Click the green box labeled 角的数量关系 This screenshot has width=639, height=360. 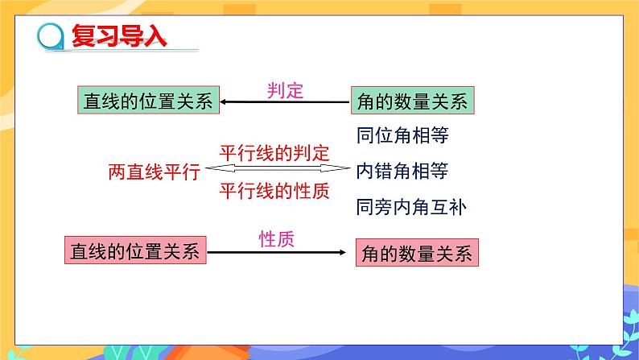(411, 101)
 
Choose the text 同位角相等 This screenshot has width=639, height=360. (402, 135)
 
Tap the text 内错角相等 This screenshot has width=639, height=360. (402, 171)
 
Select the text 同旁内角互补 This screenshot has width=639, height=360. (410, 207)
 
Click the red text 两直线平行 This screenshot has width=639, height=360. (153, 172)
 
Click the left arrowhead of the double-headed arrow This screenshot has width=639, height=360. (211, 169)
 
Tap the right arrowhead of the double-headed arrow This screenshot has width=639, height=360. (341, 169)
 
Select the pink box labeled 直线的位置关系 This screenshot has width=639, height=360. (134, 250)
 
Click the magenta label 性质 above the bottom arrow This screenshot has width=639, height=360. (276, 238)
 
